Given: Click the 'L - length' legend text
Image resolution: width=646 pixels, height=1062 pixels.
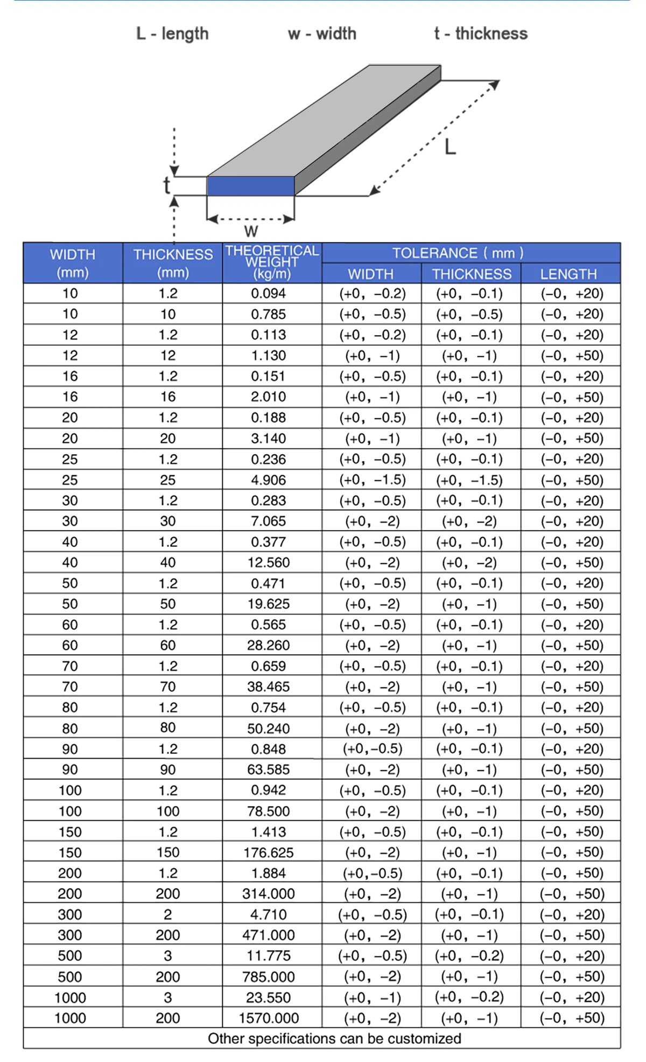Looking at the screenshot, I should tap(172, 34).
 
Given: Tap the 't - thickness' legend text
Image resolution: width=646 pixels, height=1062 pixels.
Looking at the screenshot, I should tap(481, 34).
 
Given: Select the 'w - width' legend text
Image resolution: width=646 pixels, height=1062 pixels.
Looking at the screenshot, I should tap(322, 34).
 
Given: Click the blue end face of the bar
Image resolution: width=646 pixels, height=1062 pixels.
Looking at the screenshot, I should tap(251, 186).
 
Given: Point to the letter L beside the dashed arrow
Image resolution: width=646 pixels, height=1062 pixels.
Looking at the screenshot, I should tap(450, 147).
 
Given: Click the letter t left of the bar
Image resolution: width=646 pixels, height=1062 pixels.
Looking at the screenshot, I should tap(167, 185).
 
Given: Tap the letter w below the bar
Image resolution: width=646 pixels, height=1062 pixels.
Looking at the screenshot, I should tap(251, 231).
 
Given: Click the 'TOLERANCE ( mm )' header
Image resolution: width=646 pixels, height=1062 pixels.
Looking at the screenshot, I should tap(458, 253).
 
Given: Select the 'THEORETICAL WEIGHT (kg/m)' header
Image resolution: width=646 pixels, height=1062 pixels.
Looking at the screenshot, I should tap(272, 262).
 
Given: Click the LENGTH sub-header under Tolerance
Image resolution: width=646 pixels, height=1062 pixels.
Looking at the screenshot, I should tap(568, 274).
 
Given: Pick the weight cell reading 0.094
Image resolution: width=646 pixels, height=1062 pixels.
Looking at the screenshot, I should tap(269, 294).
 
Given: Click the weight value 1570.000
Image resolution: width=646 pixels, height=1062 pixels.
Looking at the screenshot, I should tap(269, 1018).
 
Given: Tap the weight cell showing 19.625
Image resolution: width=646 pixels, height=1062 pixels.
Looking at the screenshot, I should tap(269, 604).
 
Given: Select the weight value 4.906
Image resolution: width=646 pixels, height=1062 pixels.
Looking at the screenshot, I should tap(269, 480).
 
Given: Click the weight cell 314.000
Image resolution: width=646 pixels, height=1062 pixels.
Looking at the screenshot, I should tap(269, 894).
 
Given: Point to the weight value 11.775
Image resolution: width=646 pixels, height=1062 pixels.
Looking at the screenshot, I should tap(269, 956).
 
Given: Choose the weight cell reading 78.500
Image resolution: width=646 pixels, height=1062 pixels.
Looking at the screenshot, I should tap(269, 811).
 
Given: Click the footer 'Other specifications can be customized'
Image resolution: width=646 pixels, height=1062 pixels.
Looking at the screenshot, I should tap(334, 1038).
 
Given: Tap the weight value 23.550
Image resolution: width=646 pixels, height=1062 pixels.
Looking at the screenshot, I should tap(269, 997).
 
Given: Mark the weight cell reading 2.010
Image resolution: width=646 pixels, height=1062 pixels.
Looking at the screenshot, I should tap(269, 397).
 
